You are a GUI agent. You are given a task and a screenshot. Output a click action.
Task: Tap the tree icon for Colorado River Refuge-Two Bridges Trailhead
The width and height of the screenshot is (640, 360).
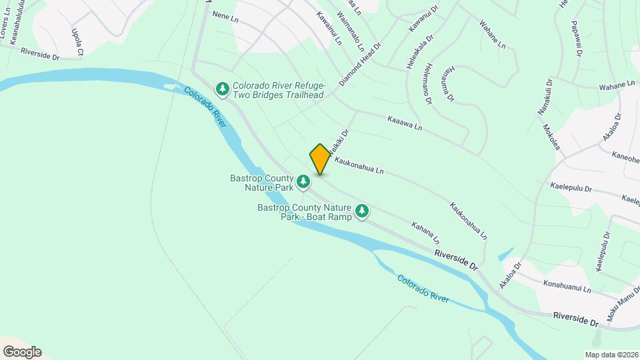click(x=222, y=88)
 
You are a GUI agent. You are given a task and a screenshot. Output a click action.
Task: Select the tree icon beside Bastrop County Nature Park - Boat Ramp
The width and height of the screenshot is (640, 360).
click(x=362, y=212)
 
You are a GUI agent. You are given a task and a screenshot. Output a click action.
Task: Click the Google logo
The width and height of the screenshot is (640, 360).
click(x=22, y=352)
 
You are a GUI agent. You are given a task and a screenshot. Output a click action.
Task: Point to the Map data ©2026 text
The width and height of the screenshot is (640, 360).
click(x=611, y=354)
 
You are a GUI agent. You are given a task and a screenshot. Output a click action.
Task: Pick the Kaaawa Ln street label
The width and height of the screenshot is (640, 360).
click(x=405, y=123)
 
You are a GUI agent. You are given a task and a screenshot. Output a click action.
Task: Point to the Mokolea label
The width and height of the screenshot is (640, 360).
click(x=550, y=137)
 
